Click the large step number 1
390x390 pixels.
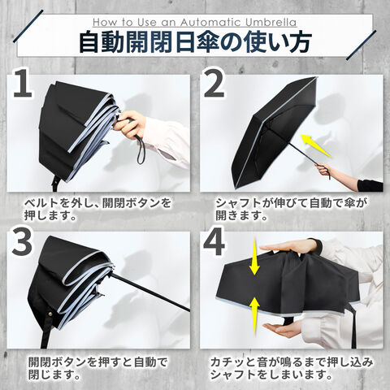pyautogui.click(x=24, y=83)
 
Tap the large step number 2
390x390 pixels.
pyautogui.click(x=214, y=83)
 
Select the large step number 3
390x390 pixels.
pyautogui.click(x=22, y=242)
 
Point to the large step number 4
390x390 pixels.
pyautogui.click(x=214, y=242)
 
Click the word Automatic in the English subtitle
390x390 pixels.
pyautogui.click(x=210, y=22)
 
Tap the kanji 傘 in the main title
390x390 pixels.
pyautogui.click(x=208, y=42)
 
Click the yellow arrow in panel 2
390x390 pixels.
pyautogui.click(x=316, y=145)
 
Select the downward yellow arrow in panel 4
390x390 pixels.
pyautogui.click(x=254, y=256)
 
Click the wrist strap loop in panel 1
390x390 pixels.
pyautogui.click(x=141, y=152)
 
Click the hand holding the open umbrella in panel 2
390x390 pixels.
pyautogui.click(x=324, y=170)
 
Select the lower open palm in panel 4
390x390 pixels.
pyautogui.click(x=284, y=328)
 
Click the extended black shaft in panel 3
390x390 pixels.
pyautogui.click(x=150, y=292)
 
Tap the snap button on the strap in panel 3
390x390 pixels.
pyautogui.click(x=50, y=314)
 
